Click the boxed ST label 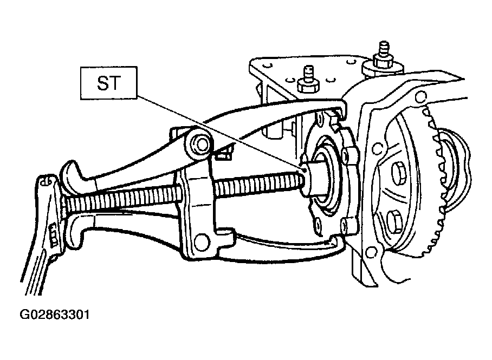pos(108,83)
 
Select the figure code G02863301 pos(55,315)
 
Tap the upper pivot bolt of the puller pos(200,144)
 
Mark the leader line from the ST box pos(220,132)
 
